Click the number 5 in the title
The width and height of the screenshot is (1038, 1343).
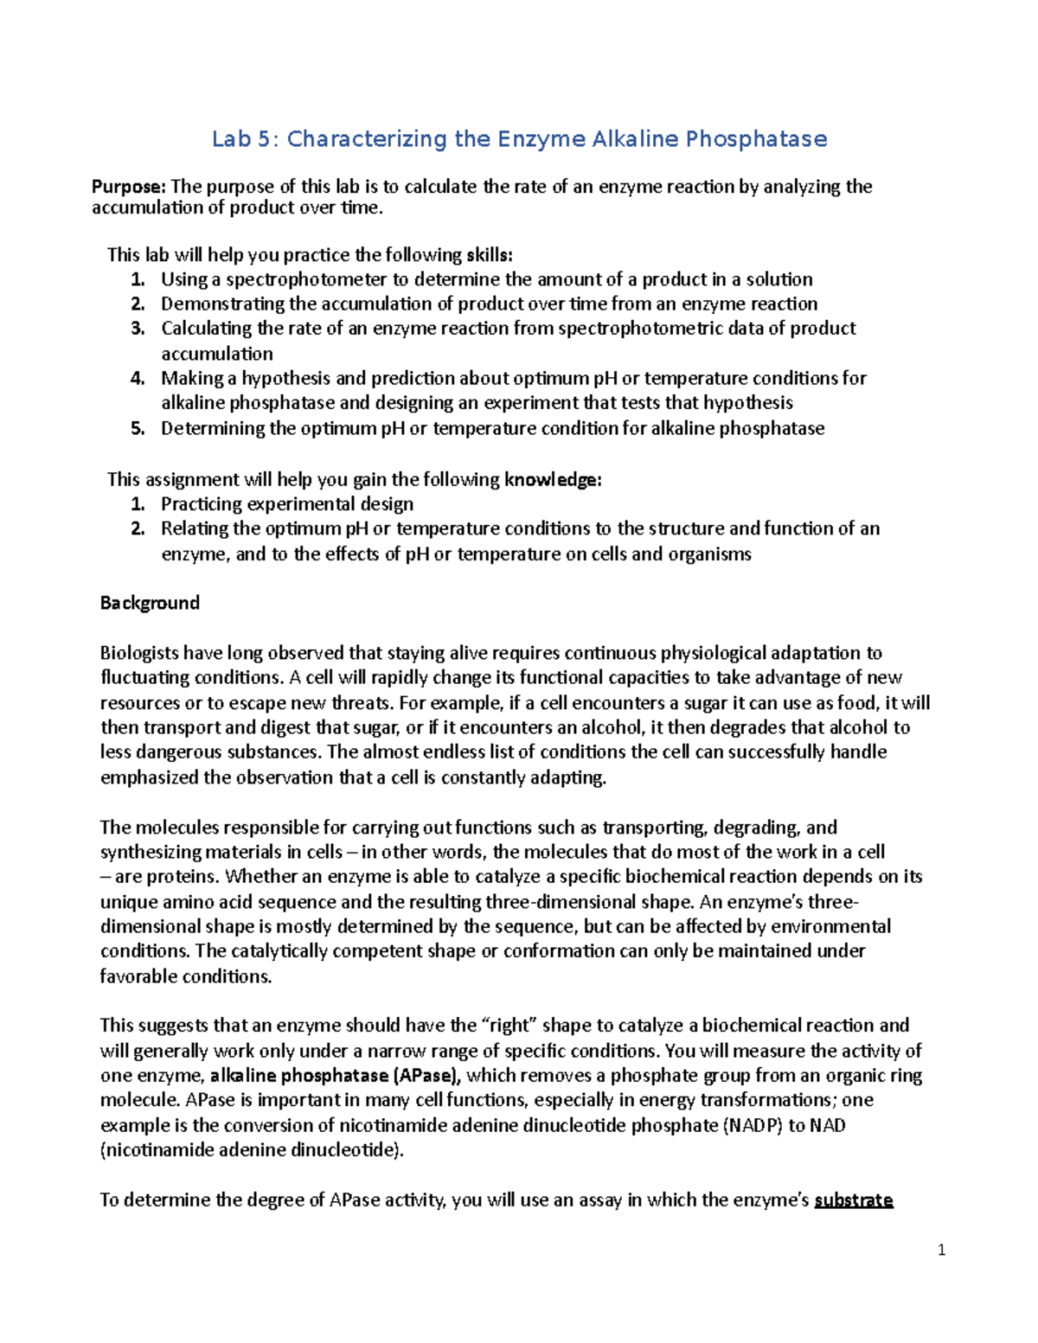point(263,139)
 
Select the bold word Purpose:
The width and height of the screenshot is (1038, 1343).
point(129,187)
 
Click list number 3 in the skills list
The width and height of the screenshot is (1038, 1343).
point(138,329)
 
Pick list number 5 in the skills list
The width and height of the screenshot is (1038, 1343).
point(138,428)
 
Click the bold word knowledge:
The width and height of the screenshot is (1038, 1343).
point(553,480)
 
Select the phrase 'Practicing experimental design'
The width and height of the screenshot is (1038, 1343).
point(287,504)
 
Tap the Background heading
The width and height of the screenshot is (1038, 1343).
point(150,603)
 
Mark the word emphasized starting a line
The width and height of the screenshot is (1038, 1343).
point(149,777)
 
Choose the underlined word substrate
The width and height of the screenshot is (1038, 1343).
point(853,1200)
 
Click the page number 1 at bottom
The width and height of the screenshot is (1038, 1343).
point(941,1250)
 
